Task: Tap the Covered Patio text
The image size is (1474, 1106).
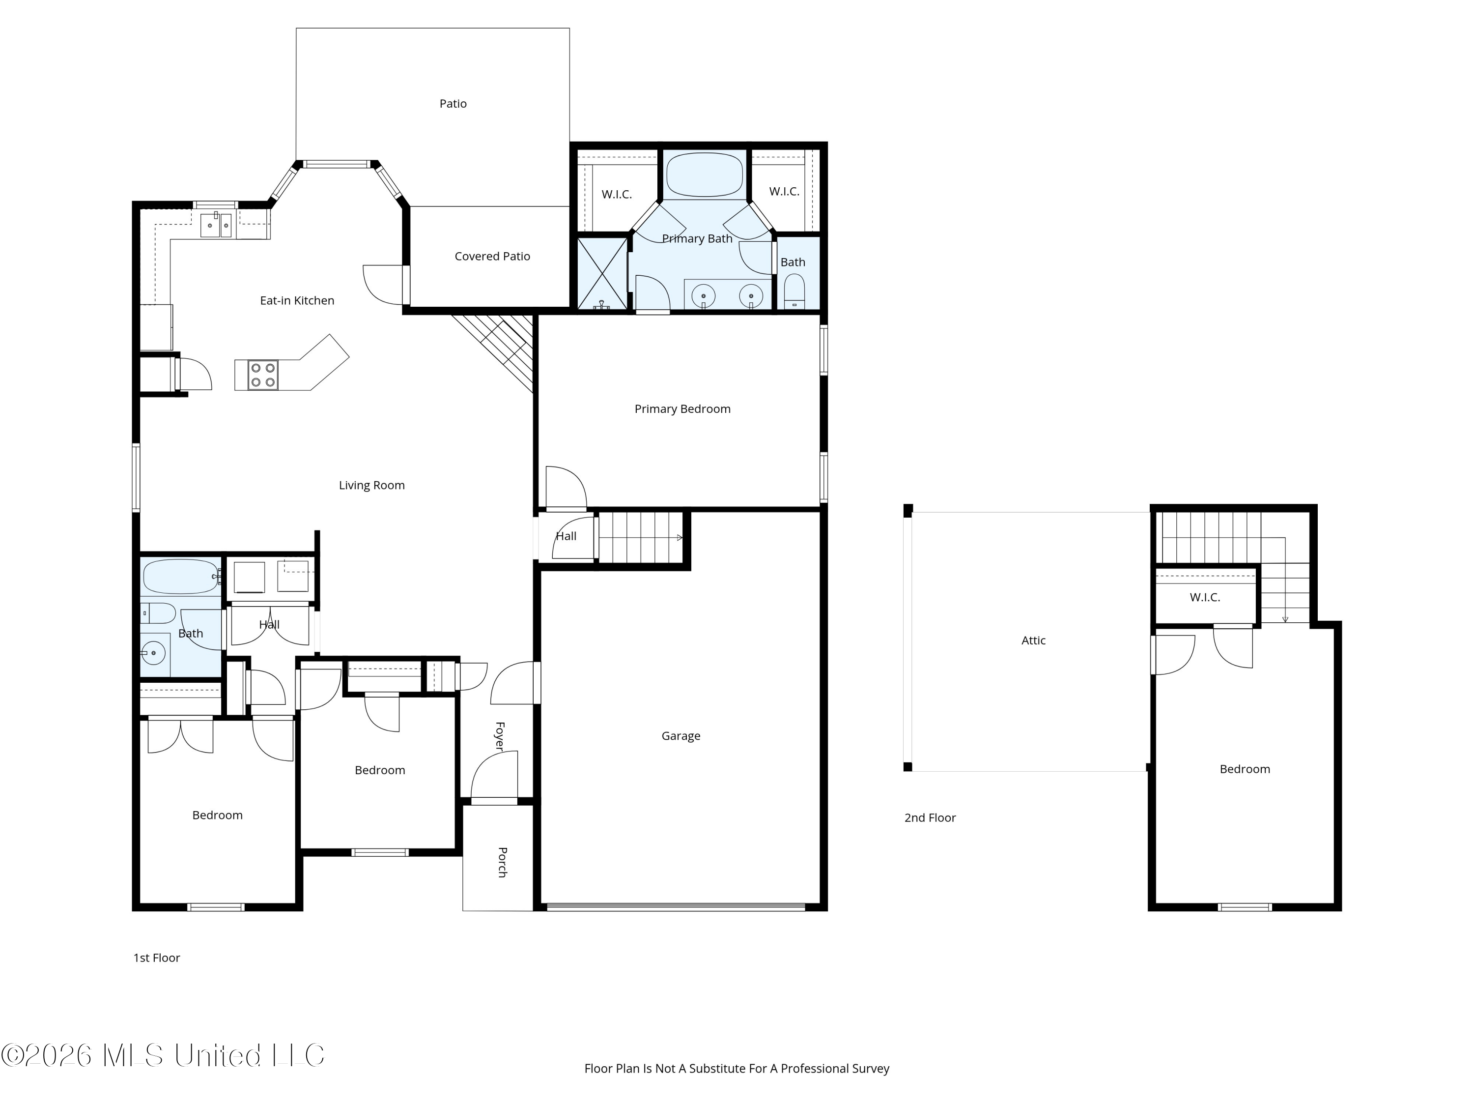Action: pyautogui.click(x=492, y=257)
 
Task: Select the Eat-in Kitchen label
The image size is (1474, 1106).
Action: pyautogui.click(x=297, y=301)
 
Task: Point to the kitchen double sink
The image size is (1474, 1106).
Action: pyautogui.click(x=217, y=225)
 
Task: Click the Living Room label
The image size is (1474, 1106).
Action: pyautogui.click(x=372, y=485)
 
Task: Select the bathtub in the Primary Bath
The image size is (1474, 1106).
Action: pyautogui.click(x=705, y=175)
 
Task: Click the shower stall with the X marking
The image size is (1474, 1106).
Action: pyautogui.click(x=602, y=273)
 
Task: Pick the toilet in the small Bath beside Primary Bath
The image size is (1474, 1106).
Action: pyautogui.click(x=794, y=291)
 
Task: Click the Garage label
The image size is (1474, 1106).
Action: pyautogui.click(x=681, y=736)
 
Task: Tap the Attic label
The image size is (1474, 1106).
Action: pyautogui.click(x=1034, y=640)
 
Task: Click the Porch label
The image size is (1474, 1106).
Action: pyautogui.click(x=503, y=862)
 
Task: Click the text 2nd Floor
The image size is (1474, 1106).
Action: pyautogui.click(x=930, y=818)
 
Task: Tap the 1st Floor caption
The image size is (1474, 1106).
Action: pyautogui.click(x=157, y=958)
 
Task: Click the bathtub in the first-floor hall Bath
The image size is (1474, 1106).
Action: pyautogui.click(x=181, y=577)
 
